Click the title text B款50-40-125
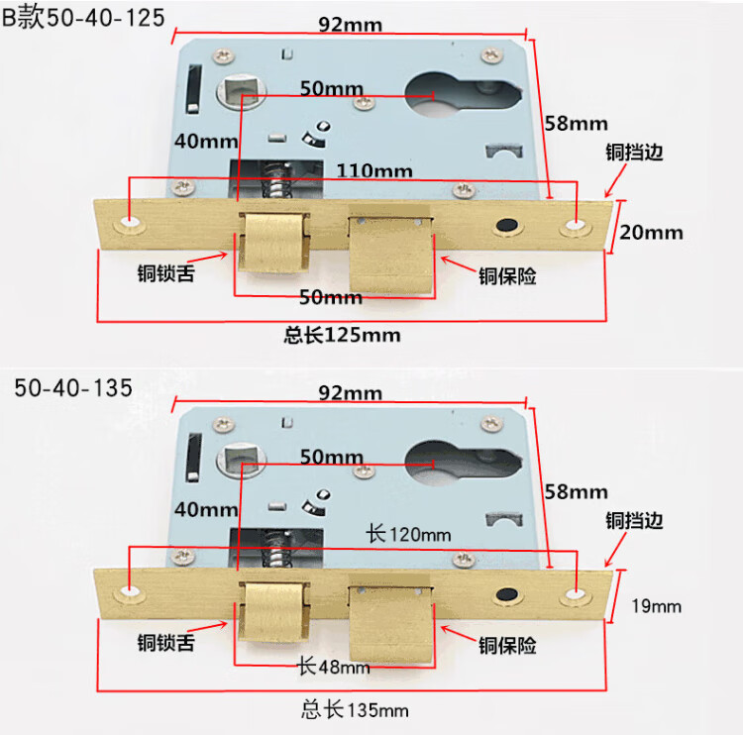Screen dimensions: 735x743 (83, 19)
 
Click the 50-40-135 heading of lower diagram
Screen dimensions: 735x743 (73, 387)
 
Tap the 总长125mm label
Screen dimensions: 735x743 (342, 335)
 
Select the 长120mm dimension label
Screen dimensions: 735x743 (408, 534)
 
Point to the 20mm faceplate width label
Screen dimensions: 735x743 (651, 233)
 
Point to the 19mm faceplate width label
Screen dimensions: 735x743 (654, 605)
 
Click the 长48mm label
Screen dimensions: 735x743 (334, 667)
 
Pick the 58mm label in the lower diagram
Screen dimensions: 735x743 (575, 491)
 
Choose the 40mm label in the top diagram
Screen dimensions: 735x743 (205, 141)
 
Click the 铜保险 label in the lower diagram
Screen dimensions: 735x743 (507, 646)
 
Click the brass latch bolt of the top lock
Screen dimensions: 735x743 (271, 246)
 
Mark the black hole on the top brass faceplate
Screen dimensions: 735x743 (508, 227)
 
